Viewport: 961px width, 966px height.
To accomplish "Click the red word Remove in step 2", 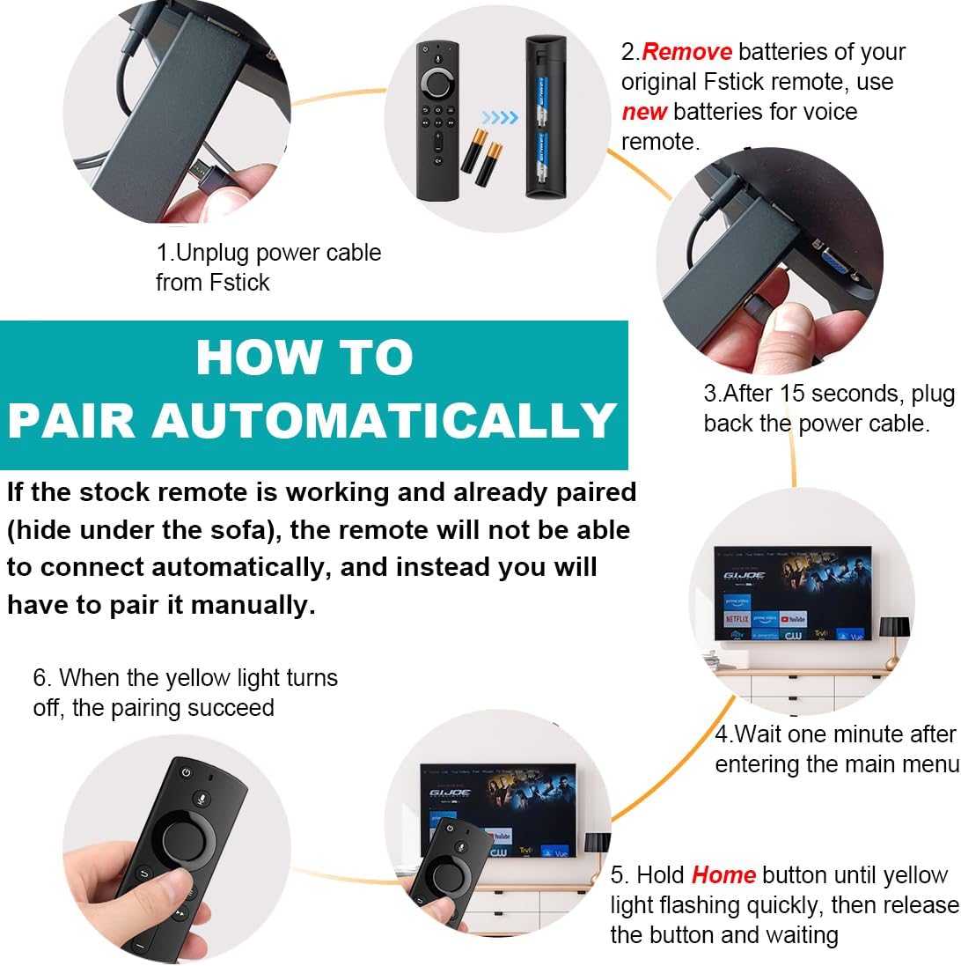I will click(x=686, y=52).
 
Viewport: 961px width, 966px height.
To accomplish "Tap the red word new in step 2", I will click(x=644, y=112).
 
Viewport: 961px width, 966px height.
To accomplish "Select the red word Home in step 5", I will click(x=723, y=875).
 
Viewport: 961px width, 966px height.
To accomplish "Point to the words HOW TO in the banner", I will click(x=304, y=358).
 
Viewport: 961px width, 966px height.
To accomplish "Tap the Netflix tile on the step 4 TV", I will click(x=737, y=619).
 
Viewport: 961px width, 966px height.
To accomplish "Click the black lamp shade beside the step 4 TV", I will click(x=894, y=626).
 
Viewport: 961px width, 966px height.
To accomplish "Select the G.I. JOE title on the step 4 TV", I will click(x=745, y=574).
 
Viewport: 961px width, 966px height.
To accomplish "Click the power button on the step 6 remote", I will click(x=186, y=772).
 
